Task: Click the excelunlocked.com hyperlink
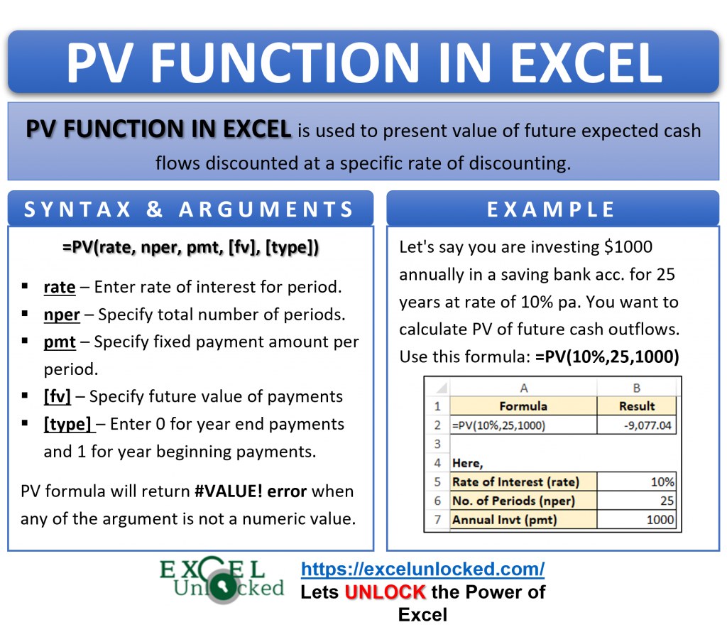422,569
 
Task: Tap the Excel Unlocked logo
222,580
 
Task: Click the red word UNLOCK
385,592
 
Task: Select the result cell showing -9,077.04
637,425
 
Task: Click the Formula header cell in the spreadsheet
523,406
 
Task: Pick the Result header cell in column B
637,406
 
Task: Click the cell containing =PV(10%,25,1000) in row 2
523,425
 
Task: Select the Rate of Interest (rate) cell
523,481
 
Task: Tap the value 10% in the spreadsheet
637,481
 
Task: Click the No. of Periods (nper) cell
523,501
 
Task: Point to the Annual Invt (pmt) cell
523,520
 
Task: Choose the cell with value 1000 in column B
637,520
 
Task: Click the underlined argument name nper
61,315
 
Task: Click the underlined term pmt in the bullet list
60,342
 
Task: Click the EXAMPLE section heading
552,209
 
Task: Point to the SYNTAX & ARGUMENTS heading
189,209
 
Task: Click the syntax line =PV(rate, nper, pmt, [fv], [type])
190,247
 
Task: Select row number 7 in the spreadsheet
437,520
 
